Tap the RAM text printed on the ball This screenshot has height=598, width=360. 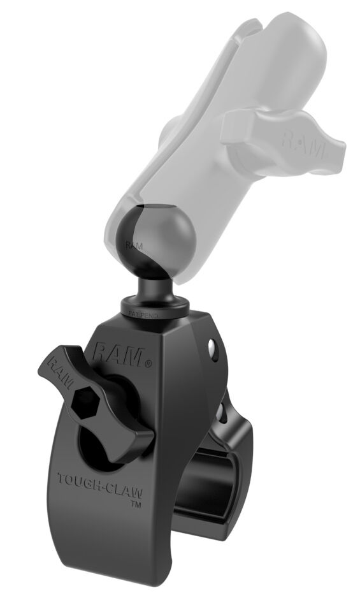134,245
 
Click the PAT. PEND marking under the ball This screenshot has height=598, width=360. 145,314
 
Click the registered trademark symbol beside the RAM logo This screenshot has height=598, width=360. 148,365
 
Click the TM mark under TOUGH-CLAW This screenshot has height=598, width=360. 136,504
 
